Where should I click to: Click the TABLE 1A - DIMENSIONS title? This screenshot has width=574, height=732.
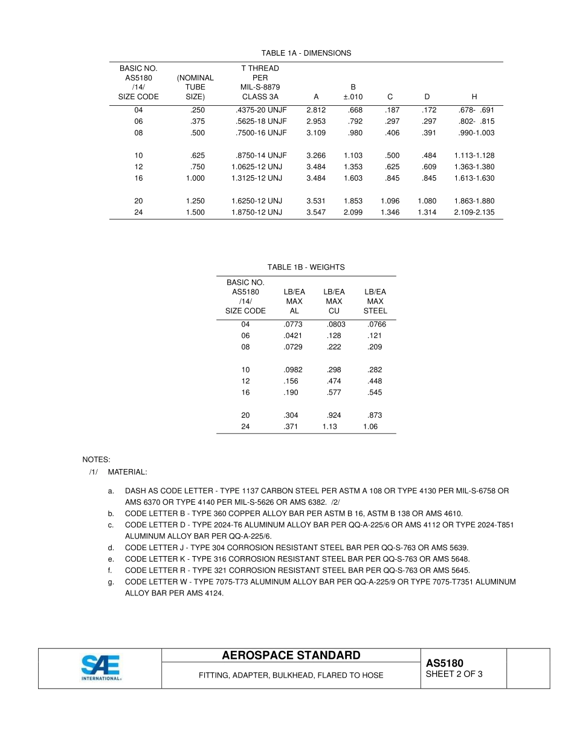(x=306, y=53)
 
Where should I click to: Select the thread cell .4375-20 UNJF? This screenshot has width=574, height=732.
(x=260, y=110)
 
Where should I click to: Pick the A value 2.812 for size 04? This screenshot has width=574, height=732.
(x=316, y=110)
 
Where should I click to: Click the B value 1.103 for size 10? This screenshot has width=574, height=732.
(x=353, y=155)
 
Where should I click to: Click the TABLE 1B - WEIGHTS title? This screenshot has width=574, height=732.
(x=306, y=267)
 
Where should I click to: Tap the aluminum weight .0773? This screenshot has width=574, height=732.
(x=293, y=324)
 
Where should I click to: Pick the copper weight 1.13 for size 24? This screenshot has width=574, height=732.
(x=330, y=426)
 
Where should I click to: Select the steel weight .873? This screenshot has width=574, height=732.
(x=375, y=415)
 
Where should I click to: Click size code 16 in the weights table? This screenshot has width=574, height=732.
(x=245, y=392)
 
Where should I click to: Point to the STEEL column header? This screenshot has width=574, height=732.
(x=375, y=311)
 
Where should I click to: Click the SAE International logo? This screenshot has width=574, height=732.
(x=100, y=668)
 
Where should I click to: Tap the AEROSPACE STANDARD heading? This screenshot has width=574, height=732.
(x=291, y=656)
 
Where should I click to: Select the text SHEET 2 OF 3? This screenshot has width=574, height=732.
(x=454, y=675)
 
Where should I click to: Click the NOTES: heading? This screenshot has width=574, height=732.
(x=96, y=460)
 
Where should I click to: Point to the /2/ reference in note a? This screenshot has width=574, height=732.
(x=335, y=502)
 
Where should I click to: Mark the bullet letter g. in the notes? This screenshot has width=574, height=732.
(x=111, y=581)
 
